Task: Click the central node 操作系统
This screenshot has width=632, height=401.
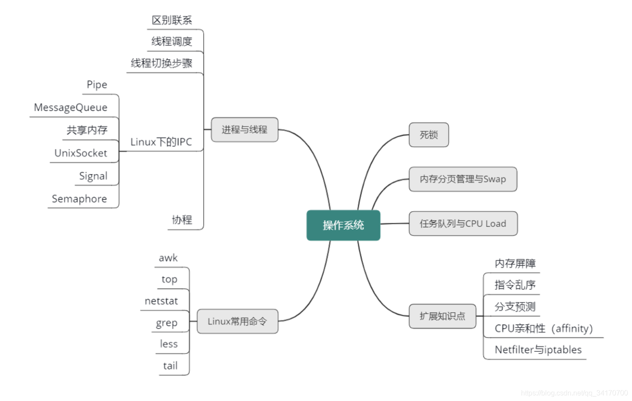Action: [343, 225]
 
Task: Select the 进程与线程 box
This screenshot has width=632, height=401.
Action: [244, 130]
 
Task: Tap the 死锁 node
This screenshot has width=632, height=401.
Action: [428, 135]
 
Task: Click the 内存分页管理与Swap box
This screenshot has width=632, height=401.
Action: [463, 179]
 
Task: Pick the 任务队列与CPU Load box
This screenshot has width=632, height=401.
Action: [463, 223]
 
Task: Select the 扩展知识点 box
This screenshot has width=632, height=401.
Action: [442, 316]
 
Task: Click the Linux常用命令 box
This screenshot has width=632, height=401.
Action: [237, 321]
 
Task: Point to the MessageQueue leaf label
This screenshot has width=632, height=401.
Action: [71, 108]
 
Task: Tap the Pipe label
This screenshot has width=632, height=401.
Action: [97, 85]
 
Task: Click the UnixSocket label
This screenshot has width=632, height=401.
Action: [81, 153]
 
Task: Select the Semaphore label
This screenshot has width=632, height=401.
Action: [79, 199]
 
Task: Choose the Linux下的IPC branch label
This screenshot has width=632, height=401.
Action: [161, 142]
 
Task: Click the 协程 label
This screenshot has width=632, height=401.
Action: [182, 220]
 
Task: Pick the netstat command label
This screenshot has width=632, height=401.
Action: [162, 301]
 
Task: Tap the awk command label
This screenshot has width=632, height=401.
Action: [168, 258]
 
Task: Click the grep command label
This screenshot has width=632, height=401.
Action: [167, 323]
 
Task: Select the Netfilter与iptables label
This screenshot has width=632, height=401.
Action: [538, 350]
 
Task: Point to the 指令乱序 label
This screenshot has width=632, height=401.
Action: [515, 285]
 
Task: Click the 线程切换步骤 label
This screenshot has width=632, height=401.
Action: [162, 63]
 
